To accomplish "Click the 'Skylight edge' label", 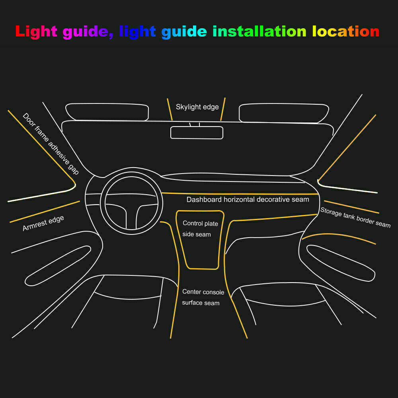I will [197, 107].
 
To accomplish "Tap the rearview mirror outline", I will [197, 133].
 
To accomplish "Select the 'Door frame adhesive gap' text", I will [51, 144].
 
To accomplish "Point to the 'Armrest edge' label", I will [43, 224].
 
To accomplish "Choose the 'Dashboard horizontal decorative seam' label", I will [248, 199].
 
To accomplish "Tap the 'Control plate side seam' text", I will [200, 229].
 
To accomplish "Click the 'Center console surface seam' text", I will [203, 297].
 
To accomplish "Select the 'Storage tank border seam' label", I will [355, 218].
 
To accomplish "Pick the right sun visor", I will [283, 113].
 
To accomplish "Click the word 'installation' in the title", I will [259, 31].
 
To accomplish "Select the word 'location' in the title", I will [345, 31].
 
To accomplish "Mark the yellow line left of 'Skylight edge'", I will [170, 109].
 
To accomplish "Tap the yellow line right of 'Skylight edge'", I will [223, 109].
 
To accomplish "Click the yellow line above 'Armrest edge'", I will [45, 212].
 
